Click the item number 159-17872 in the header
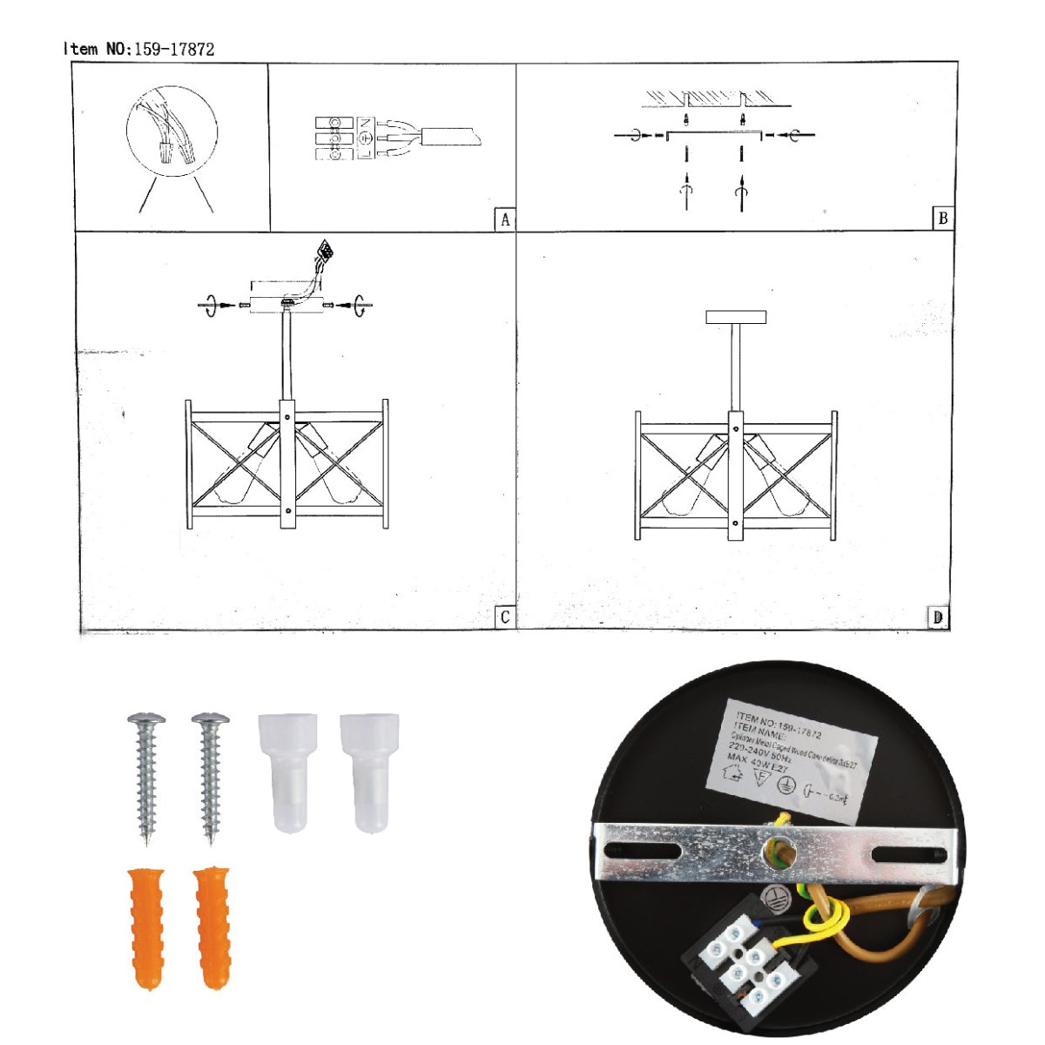point(174,50)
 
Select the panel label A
point(505,219)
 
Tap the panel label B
point(942,219)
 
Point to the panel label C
point(505,617)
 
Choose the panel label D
point(938,617)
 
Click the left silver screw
point(146,775)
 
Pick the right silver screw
point(210,775)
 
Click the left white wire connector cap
point(287,771)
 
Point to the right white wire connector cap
point(369,771)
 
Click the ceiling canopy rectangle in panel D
point(736,318)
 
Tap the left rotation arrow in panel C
point(211,306)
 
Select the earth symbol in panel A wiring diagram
point(367,138)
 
